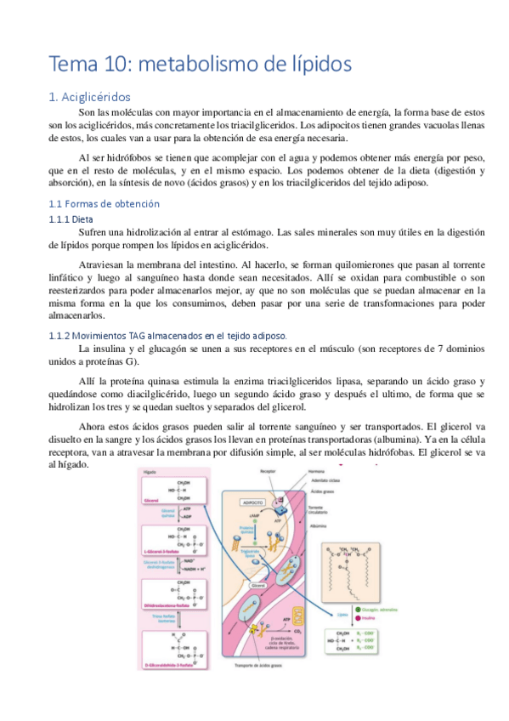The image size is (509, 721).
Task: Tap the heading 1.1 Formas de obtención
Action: click(104, 204)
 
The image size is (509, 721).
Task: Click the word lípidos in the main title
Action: click(319, 64)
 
